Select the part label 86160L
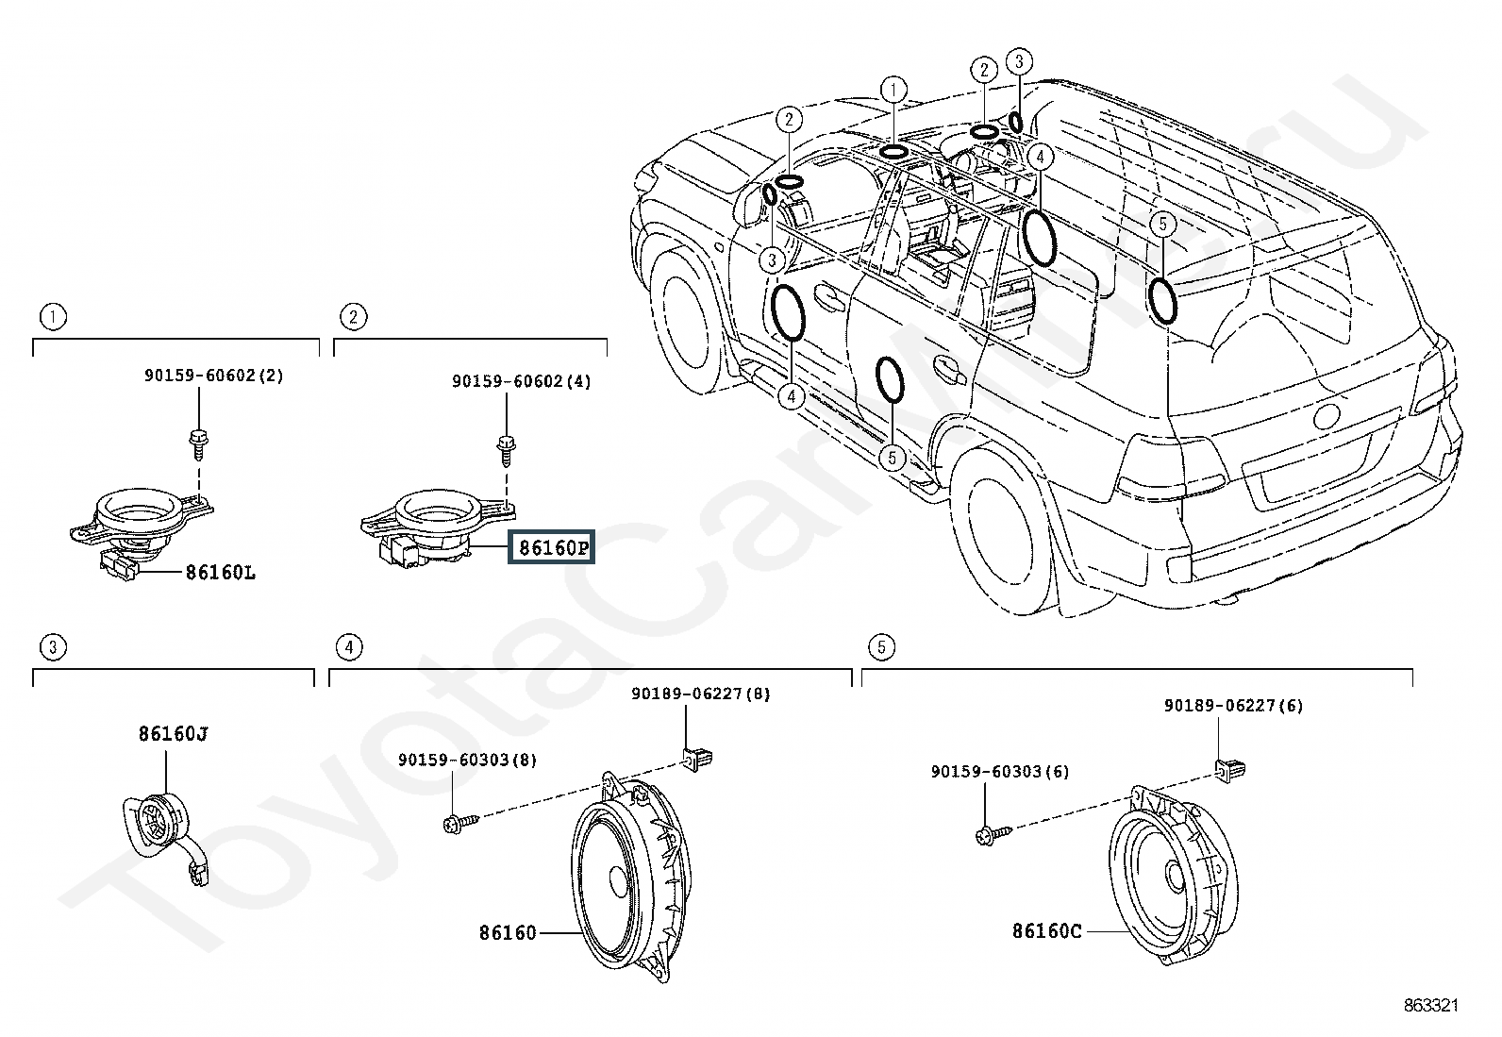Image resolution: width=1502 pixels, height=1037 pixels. (x=221, y=572)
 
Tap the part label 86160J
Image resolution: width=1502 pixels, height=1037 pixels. (x=173, y=734)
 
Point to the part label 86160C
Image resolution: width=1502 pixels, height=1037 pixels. (x=1046, y=931)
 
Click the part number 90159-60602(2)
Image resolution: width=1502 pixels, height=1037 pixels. (x=214, y=375)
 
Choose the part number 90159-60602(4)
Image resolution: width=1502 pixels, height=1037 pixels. (x=521, y=381)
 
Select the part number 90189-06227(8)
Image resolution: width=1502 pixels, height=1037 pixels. (x=701, y=694)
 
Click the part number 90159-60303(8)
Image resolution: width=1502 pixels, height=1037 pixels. (x=467, y=760)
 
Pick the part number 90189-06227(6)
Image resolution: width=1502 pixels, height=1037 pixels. (x=1234, y=705)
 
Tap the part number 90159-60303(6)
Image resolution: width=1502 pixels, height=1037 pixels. (x=1000, y=771)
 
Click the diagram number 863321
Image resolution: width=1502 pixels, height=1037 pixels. (x=1431, y=1005)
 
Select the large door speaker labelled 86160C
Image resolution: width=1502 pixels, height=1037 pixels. (x=1173, y=876)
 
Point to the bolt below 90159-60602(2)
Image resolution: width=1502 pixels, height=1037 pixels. (x=199, y=443)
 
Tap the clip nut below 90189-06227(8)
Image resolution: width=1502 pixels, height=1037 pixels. (x=696, y=760)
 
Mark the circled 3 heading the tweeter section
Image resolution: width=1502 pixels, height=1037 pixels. (x=53, y=647)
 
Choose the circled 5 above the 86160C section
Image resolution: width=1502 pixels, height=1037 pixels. (x=881, y=647)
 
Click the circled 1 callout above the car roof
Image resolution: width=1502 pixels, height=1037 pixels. (x=893, y=90)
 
